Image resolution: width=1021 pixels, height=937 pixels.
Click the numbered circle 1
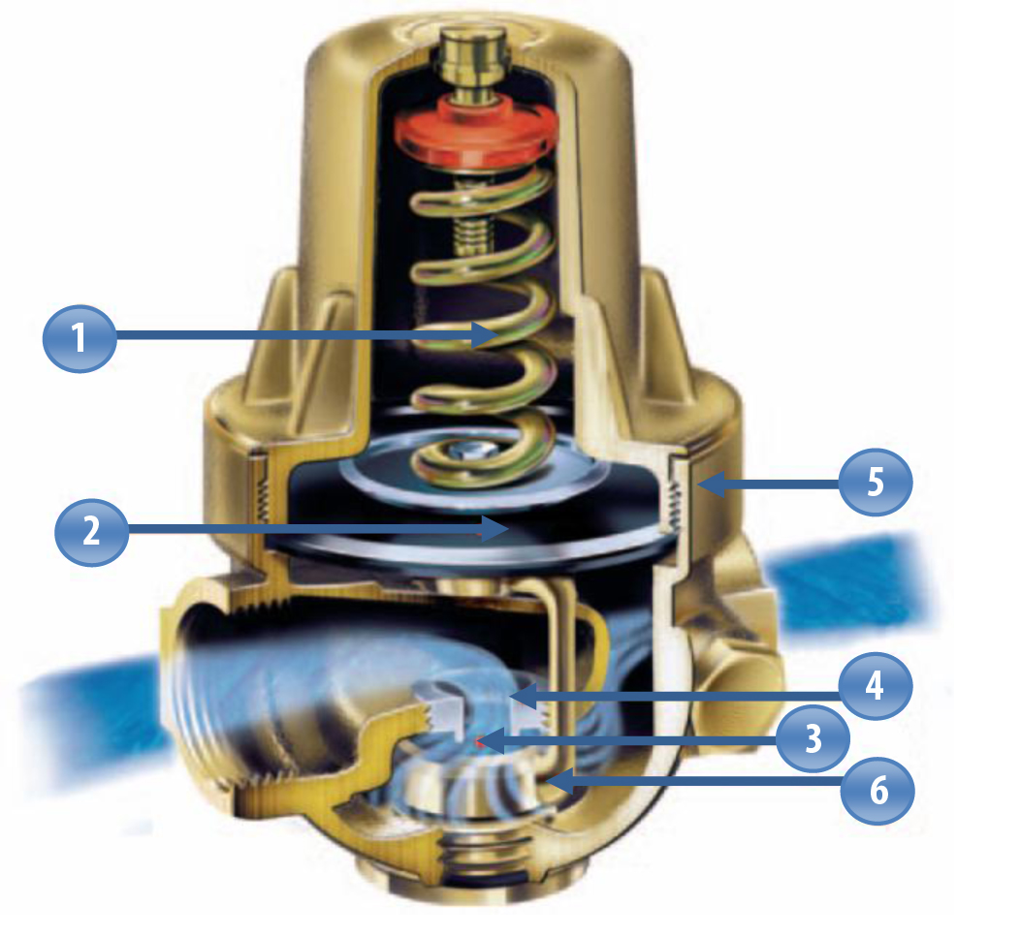tap(80, 338)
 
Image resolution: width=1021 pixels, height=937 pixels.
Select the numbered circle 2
tap(91, 532)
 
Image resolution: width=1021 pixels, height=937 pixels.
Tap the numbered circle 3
tap(813, 739)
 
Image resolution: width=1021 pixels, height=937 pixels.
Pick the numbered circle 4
tap(875, 686)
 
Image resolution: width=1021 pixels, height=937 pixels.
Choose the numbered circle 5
tap(876, 483)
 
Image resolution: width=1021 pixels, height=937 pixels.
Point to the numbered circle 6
tap(878, 792)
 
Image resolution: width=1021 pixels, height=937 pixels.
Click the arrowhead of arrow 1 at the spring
tap(486, 335)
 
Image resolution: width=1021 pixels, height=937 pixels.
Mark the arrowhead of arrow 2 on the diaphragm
tap(495, 528)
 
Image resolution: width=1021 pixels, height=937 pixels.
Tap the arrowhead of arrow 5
tap(711, 484)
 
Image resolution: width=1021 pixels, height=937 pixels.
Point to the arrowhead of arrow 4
tap(524, 697)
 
